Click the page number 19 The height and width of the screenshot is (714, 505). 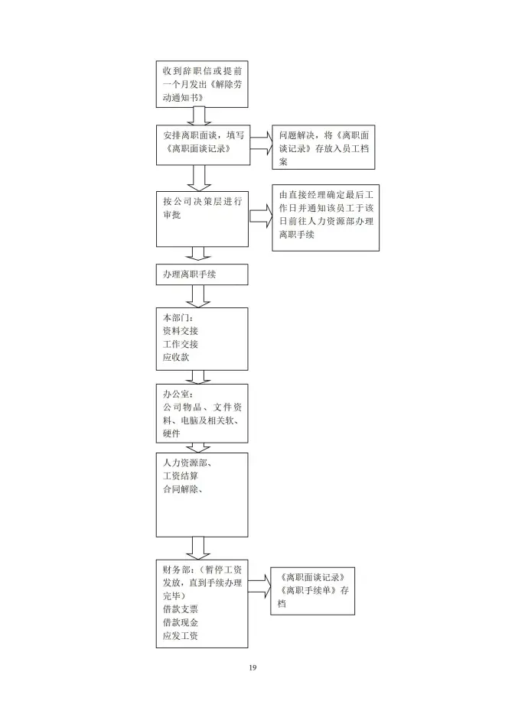pos(252,668)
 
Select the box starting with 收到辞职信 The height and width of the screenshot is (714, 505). pos(202,83)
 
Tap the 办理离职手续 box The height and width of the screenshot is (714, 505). pos(202,274)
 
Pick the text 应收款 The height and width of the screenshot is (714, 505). pos(175,357)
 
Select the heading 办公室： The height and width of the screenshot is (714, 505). pos(178,394)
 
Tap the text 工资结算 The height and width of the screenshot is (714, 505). pos(181,476)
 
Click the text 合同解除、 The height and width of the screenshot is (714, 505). pos(183,489)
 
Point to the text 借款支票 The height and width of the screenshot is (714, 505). pos(181,609)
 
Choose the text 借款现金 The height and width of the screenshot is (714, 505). pos(181,622)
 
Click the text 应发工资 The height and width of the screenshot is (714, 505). pos(181,635)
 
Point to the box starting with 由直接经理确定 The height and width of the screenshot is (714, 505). pos(325,218)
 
